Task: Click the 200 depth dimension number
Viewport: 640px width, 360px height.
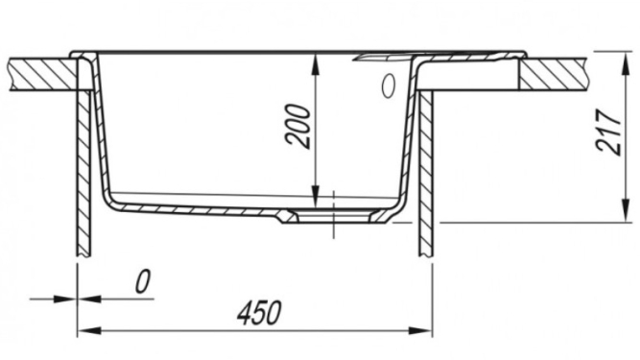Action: pos(298,126)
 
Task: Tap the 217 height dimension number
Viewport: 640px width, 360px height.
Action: pos(608,132)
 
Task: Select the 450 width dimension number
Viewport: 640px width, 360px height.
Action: pos(260,313)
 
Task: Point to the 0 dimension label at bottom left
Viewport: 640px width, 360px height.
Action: pos(142,281)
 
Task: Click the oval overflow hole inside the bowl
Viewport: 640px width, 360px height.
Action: pos(389,85)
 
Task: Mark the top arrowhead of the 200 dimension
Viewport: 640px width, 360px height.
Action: pos(315,65)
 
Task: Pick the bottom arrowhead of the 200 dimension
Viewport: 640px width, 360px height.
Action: pos(315,196)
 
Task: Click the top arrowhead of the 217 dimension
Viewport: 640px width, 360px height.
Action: pos(626,62)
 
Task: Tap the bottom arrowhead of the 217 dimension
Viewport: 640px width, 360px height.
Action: pos(626,211)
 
